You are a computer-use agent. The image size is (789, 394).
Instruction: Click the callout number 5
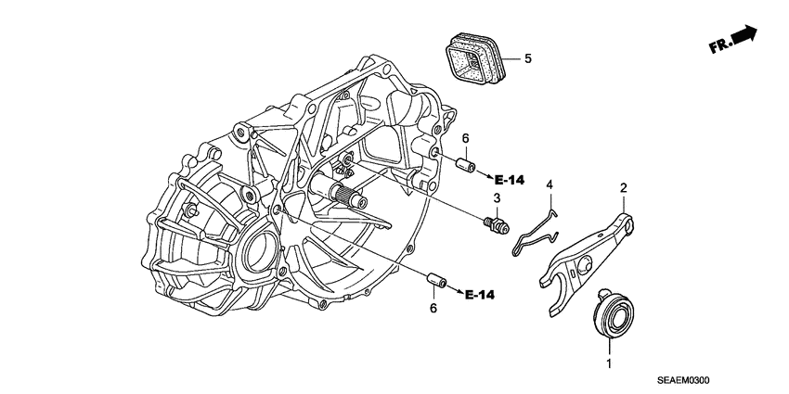point(527,58)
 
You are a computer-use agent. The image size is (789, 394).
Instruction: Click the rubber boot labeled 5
point(474,57)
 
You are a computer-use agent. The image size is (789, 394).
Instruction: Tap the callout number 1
point(609,363)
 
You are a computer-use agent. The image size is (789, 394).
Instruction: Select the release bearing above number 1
point(613,312)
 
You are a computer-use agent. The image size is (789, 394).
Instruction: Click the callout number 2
point(624,188)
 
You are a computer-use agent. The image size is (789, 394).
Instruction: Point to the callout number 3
point(497,198)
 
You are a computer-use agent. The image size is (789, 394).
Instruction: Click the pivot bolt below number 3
point(497,224)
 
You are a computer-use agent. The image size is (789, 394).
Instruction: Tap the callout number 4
point(550,185)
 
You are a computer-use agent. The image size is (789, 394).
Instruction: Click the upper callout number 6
point(465,138)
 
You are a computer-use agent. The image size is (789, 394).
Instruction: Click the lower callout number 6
point(433,308)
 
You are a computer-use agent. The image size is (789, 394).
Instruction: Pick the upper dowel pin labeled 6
point(465,165)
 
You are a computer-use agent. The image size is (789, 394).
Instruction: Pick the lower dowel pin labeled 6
point(436,281)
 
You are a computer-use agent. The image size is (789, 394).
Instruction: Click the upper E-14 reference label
point(509,180)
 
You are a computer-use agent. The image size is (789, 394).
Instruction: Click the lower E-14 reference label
point(479,295)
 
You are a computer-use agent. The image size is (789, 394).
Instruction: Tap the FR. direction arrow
point(733,39)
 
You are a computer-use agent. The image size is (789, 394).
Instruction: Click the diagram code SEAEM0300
point(682,381)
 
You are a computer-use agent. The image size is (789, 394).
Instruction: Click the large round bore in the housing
point(262,250)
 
